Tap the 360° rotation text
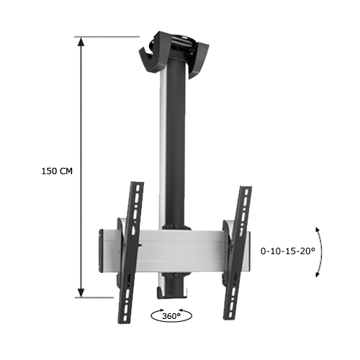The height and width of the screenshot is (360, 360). pyautogui.click(x=171, y=315)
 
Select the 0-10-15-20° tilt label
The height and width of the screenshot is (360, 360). pyautogui.click(x=288, y=251)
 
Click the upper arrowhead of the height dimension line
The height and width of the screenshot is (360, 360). pyautogui.click(x=81, y=42)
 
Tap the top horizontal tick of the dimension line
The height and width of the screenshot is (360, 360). pyautogui.click(x=108, y=37)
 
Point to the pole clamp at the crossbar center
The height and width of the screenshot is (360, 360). pyautogui.click(x=174, y=230)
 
